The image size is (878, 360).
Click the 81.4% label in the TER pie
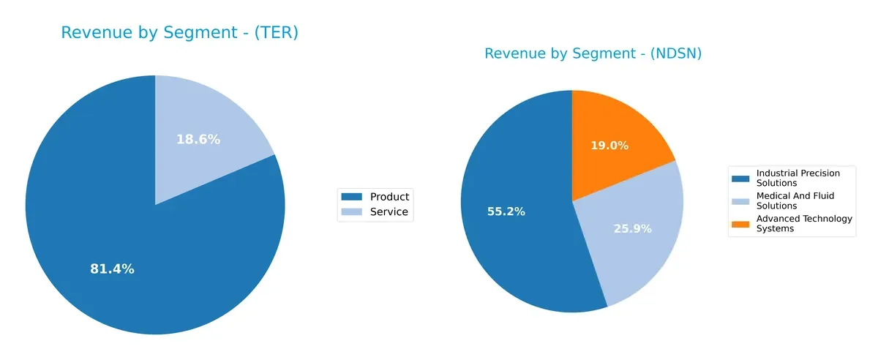(112, 269)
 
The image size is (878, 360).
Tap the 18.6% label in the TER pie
(198, 139)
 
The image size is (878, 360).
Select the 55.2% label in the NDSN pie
(506, 211)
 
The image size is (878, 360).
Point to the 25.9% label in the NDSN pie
(631, 228)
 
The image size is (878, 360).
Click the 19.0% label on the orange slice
(609, 146)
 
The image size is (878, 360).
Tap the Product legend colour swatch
(352, 197)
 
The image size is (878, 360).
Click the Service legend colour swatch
(352, 213)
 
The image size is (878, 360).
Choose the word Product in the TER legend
(389, 197)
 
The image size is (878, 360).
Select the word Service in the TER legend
(389, 213)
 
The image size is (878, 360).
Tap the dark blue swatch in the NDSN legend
(740, 178)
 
